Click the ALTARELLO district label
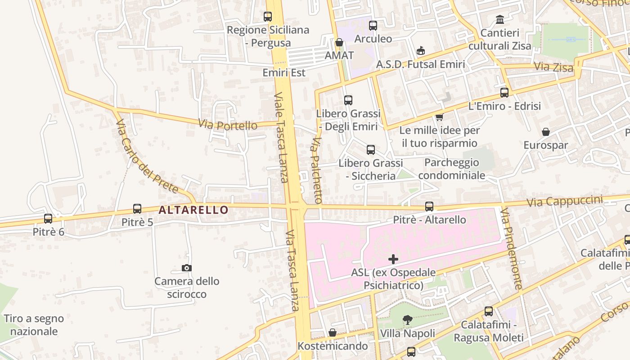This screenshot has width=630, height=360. click(x=193, y=210)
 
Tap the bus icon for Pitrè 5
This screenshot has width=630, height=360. click(x=137, y=209)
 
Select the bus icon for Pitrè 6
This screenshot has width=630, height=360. click(x=48, y=219)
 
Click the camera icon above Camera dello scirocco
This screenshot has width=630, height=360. click(x=187, y=268)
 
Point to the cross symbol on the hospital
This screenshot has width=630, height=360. click(x=393, y=259)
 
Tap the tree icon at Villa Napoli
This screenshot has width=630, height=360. click(x=408, y=320)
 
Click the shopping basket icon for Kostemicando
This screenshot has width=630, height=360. click(x=333, y=333)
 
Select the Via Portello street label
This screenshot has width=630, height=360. click(x=228, y=125)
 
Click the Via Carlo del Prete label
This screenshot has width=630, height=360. click(x=147, y=156)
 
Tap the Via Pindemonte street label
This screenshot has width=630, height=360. click(x=512, y=248)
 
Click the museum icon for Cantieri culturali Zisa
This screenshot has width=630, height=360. click(x=500, y=20)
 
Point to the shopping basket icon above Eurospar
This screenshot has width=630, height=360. click(x=546, y=132)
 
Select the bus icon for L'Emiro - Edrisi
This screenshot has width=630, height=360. click(x=504, y=93)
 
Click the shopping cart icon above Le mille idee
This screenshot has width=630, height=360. click(x=439, y=117)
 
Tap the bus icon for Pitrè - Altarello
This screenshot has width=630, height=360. click(x=429, y=207)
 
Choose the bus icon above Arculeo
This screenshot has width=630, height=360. click(x=373, y=26)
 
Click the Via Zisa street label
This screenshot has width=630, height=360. click(x=553, y=67)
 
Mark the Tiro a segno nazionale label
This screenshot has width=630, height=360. click(x=34, y=325)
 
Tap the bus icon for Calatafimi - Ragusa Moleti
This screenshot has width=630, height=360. click(x=489, y=311)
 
